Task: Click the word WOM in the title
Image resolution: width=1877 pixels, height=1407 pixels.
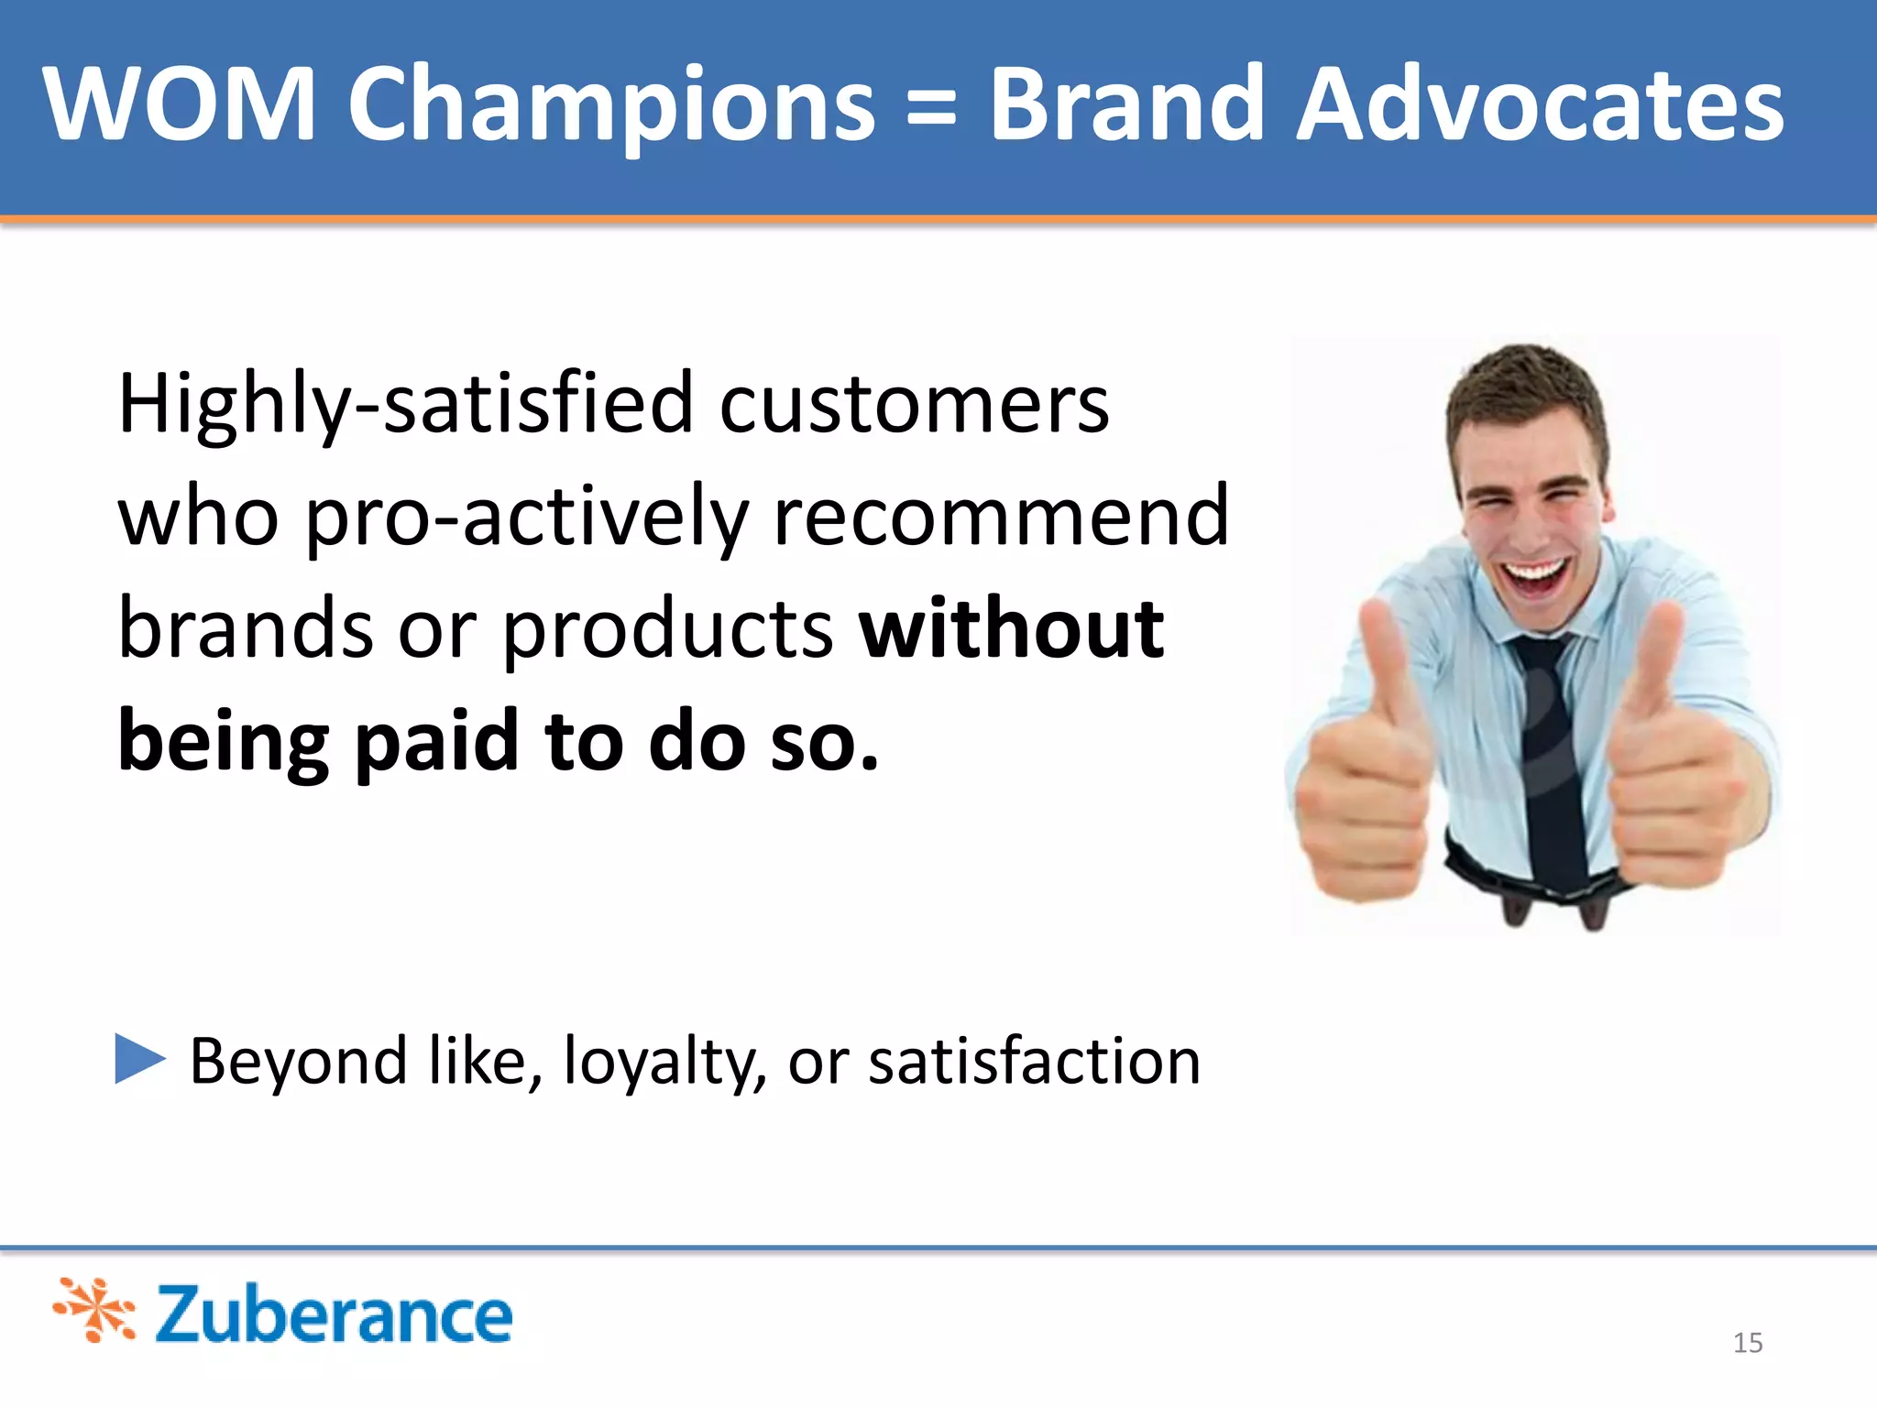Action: click(x=179, y=105)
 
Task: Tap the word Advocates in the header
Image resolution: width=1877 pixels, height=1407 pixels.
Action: click(x=1540, y=105)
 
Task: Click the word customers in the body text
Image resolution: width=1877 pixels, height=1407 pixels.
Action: click(x=914, y=405)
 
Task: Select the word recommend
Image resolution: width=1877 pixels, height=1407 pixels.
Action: click(x=1001, y=517)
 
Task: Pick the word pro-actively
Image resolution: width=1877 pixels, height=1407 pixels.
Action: click(x=526, y=518)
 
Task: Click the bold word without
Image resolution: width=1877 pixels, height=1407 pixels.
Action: click(x=1011, y=629)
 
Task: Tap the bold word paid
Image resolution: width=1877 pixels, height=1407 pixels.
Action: click(x=437, y=742)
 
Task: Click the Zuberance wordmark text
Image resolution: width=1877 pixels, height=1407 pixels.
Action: click(x=334, y=1314)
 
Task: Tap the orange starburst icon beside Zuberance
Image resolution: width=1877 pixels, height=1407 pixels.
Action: click(x=95, y=1310)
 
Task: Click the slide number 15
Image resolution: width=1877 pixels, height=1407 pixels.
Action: click(x=1748, y=1343)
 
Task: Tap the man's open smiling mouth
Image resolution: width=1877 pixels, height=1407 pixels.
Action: click(x=1533, y=575)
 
